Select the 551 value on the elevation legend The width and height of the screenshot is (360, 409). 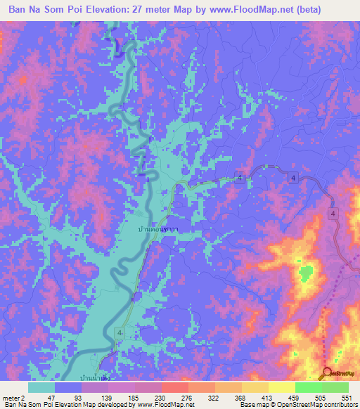click(345, 397)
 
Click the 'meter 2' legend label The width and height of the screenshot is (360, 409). click(15, 397)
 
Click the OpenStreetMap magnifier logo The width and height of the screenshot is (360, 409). click(328, 374)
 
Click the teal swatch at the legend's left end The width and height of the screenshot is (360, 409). click(41, 387)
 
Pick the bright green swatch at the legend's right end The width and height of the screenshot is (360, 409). click(335, 387)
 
